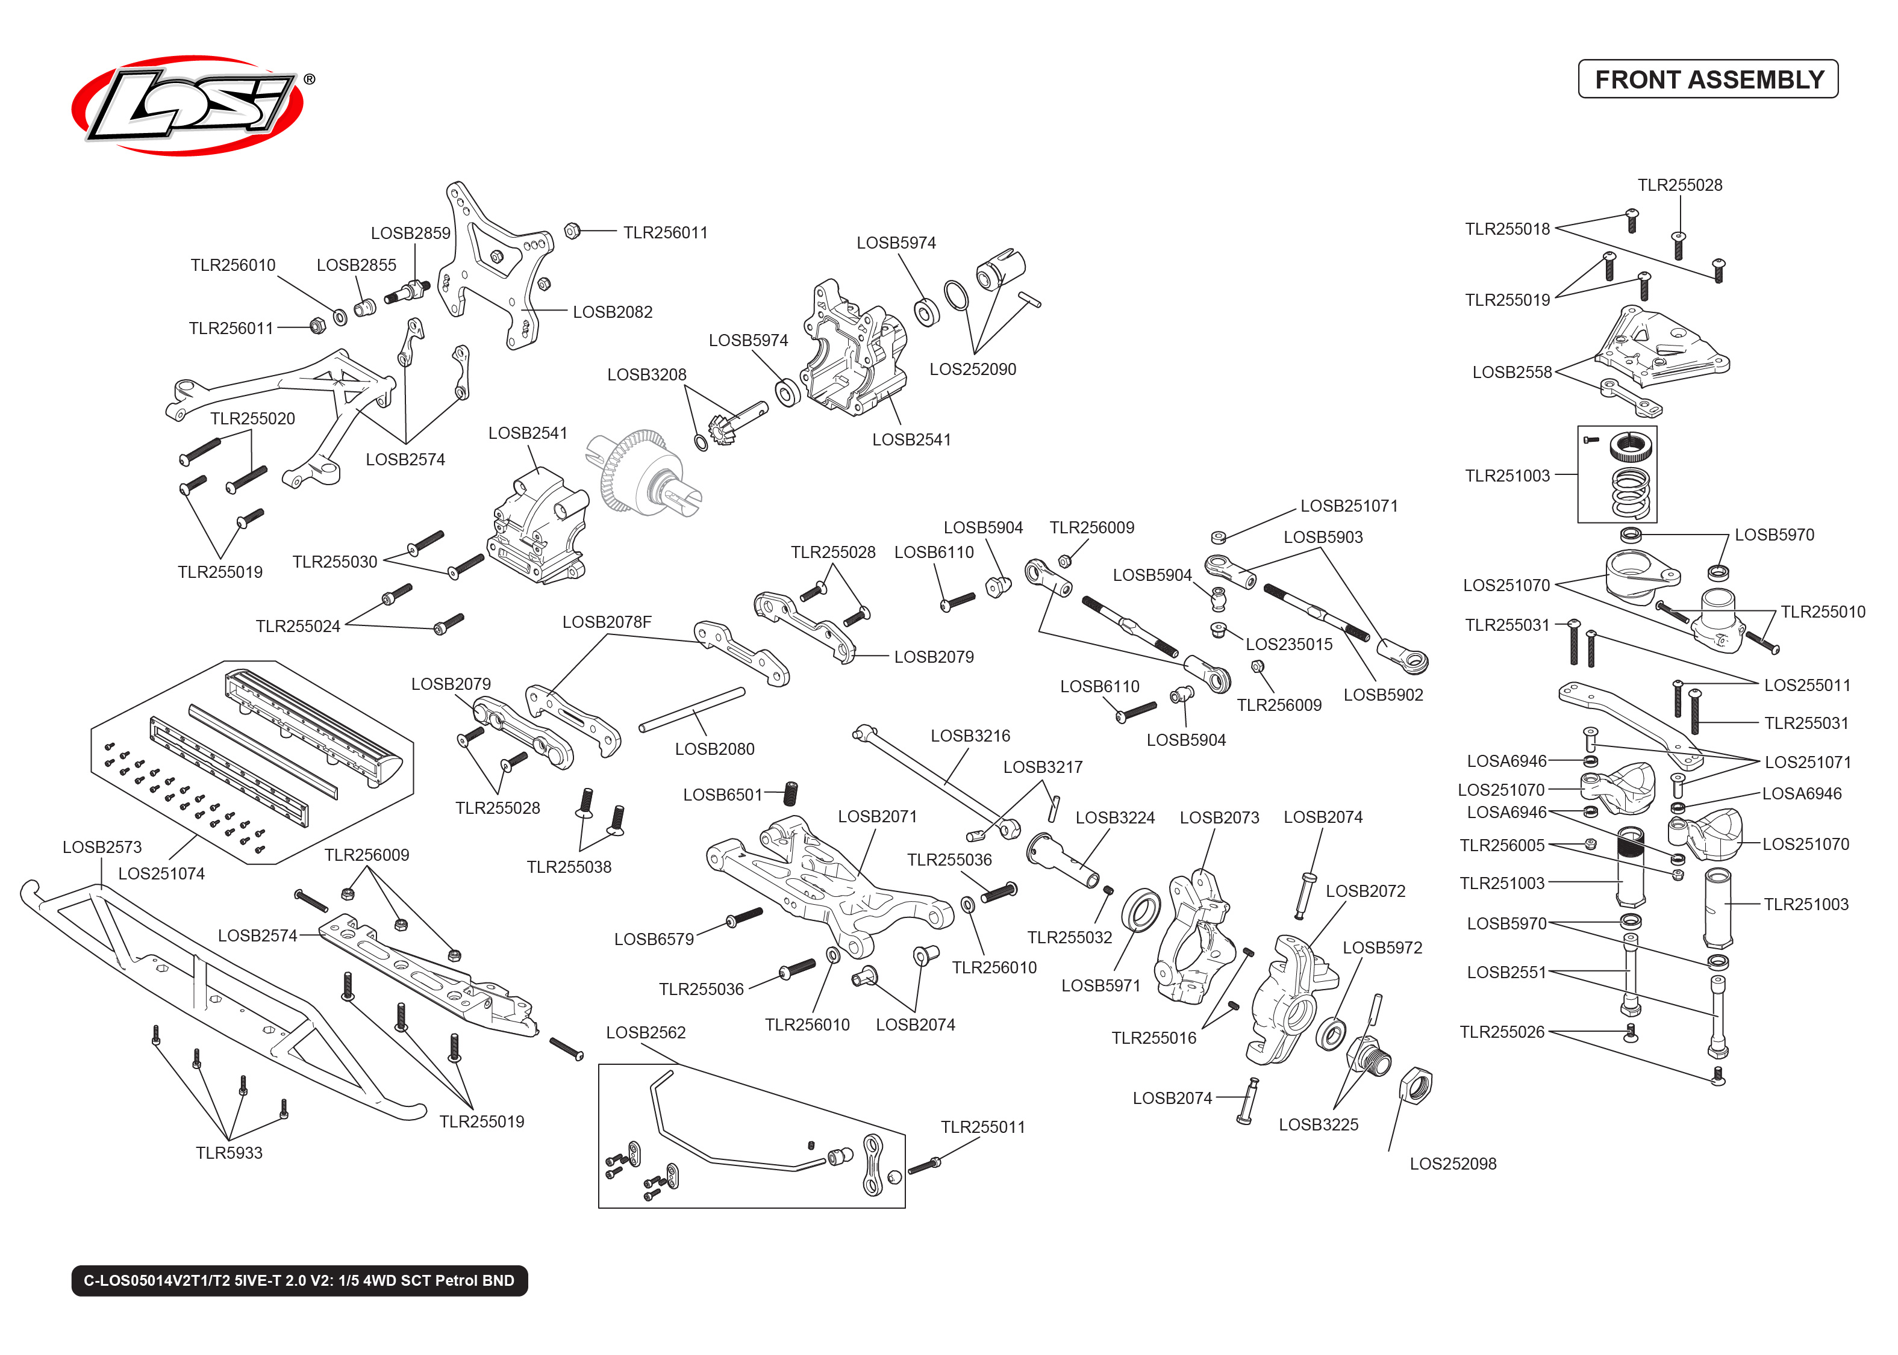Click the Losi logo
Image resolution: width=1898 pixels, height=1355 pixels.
point(188,105)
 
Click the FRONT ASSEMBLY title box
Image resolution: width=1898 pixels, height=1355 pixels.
point(1707,79)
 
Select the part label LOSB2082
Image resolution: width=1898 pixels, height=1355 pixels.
point(612,312)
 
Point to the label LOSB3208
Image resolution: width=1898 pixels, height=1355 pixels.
point(646,374)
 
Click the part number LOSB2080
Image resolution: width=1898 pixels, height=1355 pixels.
point(714,749)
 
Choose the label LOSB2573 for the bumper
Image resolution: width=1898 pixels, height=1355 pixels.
point(102,847)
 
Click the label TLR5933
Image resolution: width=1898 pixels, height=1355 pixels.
point(229,1153)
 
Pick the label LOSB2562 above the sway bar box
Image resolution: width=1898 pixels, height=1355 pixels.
point(645,1033)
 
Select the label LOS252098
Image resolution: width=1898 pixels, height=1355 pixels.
point(1452,1164)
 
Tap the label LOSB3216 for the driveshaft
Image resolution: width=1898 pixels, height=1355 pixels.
point(970,736)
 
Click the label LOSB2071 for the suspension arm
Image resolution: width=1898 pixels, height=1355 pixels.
point(876,816)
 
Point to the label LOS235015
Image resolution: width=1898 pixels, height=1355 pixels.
point(1288,644)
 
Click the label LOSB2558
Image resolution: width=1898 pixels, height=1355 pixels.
point(1511,372)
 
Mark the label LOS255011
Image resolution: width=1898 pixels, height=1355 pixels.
point(1806,685)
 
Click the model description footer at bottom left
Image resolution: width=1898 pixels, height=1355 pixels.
point(299,1281)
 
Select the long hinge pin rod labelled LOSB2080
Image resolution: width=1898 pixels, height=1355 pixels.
point(691,710)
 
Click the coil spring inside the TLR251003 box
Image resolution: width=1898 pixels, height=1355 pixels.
point(1630,492)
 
